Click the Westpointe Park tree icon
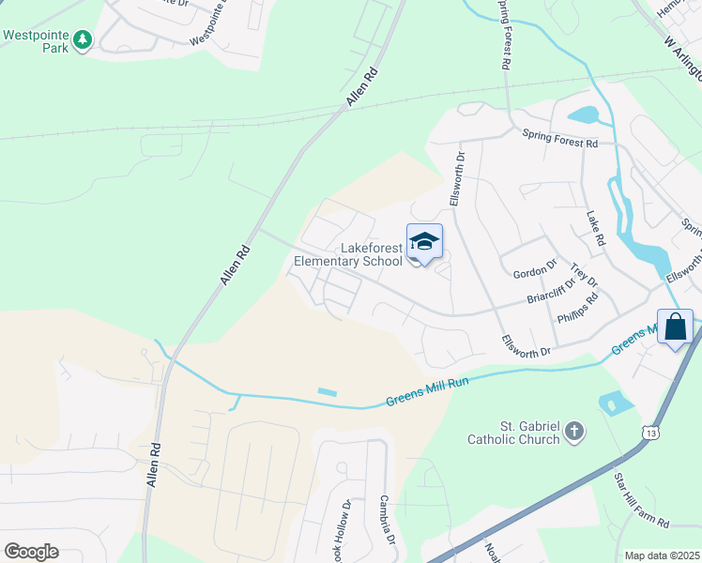pyautogui.click(x=84, y=39)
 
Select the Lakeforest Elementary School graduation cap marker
pyautogui.click(x=424, y=242)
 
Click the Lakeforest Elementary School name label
pyautogui.click(x=348, y=254)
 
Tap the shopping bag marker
pyautogui.click(x=675, y=327)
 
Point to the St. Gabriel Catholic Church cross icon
pyautogui.click(x=573, y=432)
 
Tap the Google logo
pyautogui.click(x=31, y=551)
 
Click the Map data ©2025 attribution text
pyautogui.click(x=661, y=555)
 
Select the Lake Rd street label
pyautogui.click(x=595, y=229)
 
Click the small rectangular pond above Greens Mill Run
pyautogui.click(x=328, y=391)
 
